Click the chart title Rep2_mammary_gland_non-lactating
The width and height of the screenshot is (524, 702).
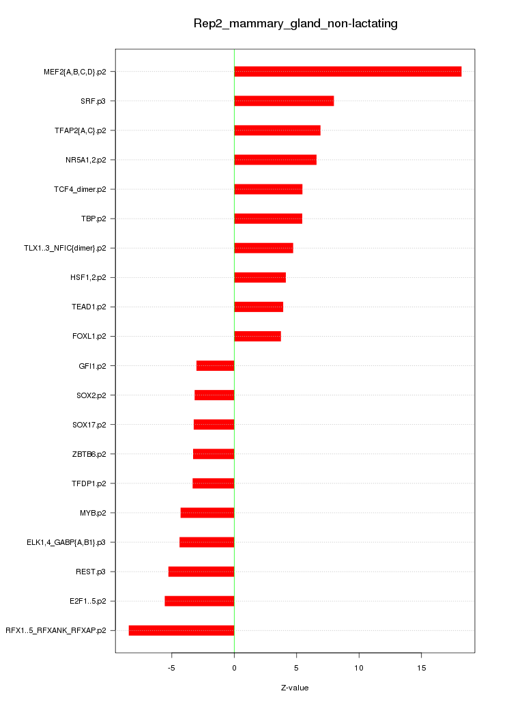coord(295,24)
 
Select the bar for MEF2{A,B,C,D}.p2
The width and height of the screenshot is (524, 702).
coord(347,72)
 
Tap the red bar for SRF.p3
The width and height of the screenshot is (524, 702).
coord(284,101)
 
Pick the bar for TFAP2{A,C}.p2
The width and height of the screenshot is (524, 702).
coord(277,130)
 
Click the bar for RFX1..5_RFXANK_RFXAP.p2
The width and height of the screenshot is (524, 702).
coord(181,630)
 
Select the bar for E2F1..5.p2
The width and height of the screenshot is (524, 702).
coord(199,601)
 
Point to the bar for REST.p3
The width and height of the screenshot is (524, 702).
coord(201,572)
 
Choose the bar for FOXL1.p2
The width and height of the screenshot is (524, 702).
coord(257,336)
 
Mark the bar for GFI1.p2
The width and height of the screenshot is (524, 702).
coord(215,366)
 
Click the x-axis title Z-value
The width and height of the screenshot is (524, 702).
coord(295,688)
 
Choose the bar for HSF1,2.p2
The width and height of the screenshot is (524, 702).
coord(259,277)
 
